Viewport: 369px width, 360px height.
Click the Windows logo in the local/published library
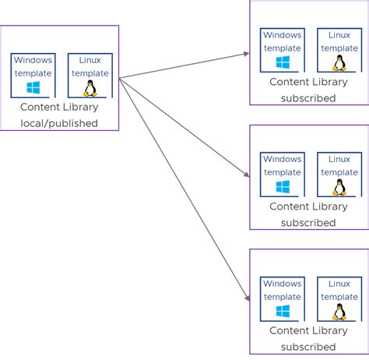tap(33, 88)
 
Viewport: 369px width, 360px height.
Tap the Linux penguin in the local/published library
tap(90, 88)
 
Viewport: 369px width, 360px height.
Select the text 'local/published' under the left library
tap(59, 123)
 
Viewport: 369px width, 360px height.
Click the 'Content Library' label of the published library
tap(59, 108)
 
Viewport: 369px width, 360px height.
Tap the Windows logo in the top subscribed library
tap(282, 63)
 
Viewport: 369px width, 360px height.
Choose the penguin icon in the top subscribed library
tap(339, 63)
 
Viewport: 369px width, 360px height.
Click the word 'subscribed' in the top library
tap(308, 98)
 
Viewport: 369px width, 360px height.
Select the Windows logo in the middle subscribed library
tap(282, 187)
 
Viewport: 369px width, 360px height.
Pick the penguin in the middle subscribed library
tap(339, 187)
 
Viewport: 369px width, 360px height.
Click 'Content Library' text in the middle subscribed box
tap(308, 206)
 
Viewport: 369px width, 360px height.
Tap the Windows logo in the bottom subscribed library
tap(282, 312)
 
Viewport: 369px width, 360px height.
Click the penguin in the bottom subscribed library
tap(339, 312)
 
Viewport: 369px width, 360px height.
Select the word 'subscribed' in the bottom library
tap(308, 347)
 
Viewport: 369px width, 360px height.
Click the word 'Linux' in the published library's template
tap(90, 60)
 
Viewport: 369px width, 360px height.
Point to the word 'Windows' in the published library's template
tap(33, 60)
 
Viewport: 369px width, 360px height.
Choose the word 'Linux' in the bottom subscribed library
tap(339, 284)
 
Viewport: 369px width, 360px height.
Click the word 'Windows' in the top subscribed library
tap(282, 35)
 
